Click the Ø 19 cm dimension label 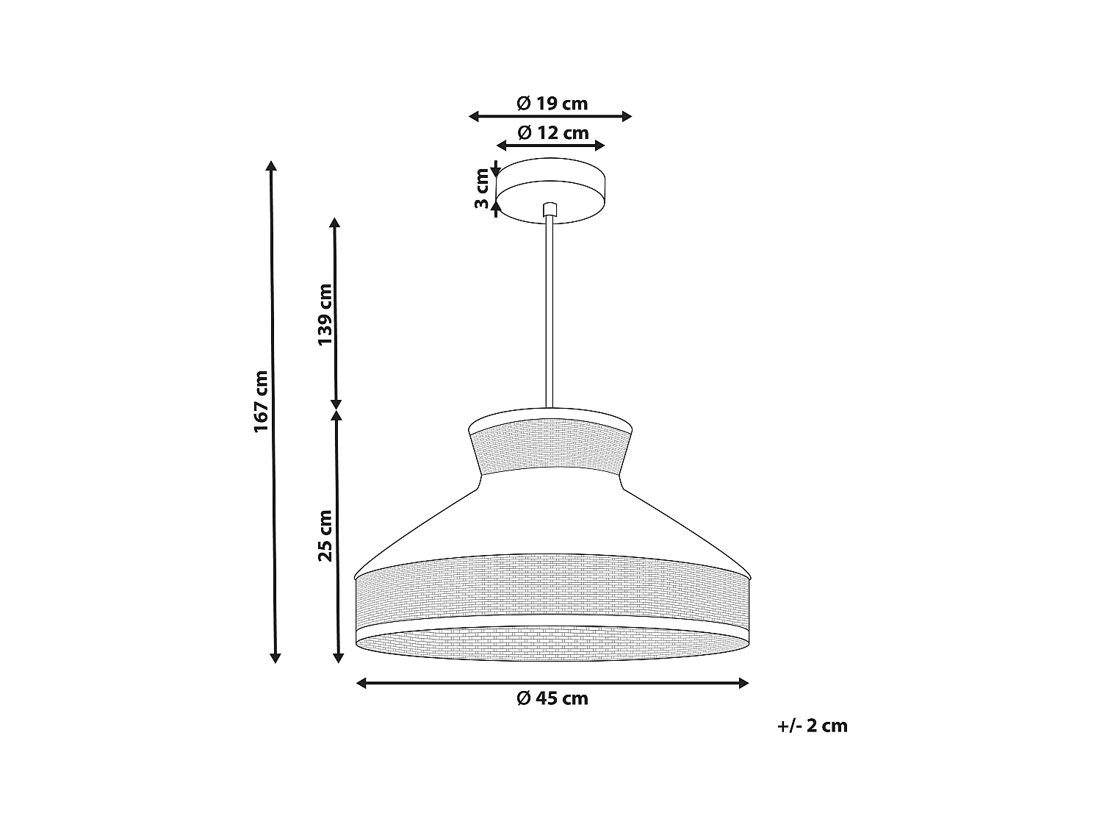552,104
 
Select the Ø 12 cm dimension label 552,133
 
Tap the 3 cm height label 482,188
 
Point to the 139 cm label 325,314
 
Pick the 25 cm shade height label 325,535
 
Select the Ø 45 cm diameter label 552,698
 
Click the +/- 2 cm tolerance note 812,726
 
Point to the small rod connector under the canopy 549,210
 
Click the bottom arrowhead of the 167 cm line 275,657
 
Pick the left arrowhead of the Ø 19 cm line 474,116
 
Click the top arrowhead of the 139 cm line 336,222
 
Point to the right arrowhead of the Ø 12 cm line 599,146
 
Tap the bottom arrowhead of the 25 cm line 338,657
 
